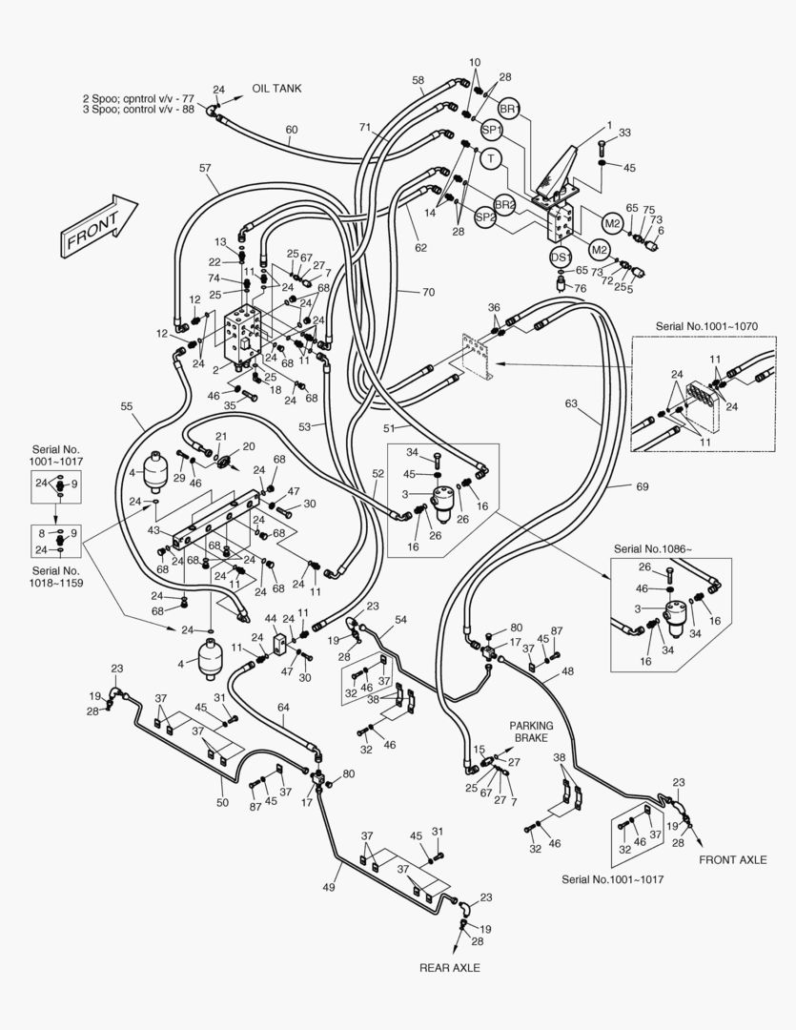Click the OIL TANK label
coord(276,89)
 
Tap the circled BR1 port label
coord(508,111)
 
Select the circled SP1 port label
coord(491,131)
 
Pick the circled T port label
coord(489,158)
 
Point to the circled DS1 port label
coord(561,257)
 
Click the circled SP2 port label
coord(485,217)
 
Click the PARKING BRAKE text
coord(531,731)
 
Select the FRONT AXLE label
coord(732,860)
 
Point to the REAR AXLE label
coord(450,968)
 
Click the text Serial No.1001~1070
coord(706,326)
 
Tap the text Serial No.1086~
coord(653,549)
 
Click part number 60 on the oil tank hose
coord(292,130)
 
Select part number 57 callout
coord(205,168)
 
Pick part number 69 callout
coord(642,487)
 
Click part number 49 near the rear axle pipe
coord(328,888)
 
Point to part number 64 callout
coord(283,708)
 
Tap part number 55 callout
coord(127,407)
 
